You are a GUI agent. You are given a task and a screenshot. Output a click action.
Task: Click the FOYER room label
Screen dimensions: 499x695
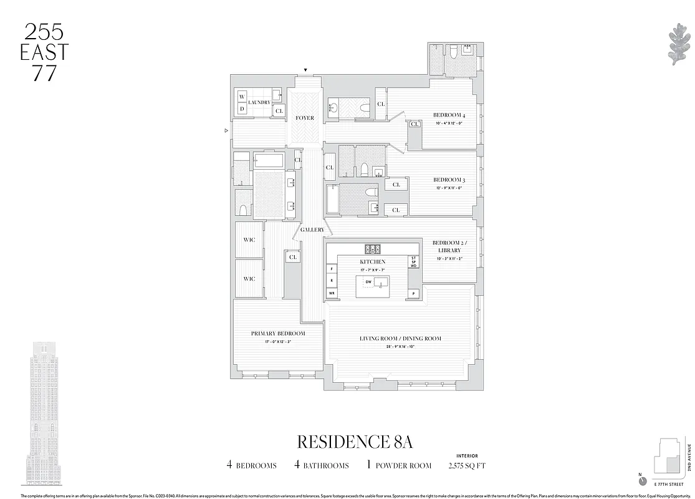[x=305, y=118]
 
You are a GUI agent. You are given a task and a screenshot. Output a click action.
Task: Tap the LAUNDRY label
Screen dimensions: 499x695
[x=259, y=102]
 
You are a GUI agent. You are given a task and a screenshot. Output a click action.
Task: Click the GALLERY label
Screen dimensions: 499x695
[x=312, y=230]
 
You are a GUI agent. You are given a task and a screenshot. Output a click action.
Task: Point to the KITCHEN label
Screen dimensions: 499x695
[x=372, y=262]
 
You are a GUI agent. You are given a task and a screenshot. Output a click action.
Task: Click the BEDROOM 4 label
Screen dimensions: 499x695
[x=449, y=115]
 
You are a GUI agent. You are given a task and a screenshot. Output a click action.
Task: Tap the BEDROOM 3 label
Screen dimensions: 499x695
[x=449, y=180]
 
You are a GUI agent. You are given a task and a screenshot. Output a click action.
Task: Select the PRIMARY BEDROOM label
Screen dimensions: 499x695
[x=278, y=334]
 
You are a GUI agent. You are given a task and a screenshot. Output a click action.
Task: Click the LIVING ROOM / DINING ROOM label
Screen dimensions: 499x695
[x=400, y=339]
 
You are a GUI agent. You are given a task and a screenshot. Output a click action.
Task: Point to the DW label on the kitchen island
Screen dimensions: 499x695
[x=368, y=282]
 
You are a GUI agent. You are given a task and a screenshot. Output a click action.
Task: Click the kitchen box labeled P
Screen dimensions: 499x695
[x=413, y=293]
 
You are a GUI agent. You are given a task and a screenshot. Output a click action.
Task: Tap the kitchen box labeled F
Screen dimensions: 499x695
[x=332, y=269]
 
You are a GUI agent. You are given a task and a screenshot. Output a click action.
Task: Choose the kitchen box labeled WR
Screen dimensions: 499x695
[x=332, y=293]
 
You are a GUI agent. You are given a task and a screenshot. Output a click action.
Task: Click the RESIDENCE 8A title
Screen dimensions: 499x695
[x=355, y=442]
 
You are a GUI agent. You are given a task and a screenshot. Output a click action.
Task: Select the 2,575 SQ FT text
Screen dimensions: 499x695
[x=466, y=465]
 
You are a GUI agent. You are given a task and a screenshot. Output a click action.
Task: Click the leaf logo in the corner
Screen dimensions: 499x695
[x=676, y=44]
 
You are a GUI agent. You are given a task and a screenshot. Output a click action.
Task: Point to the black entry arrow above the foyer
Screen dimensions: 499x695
[x=305, y=70]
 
